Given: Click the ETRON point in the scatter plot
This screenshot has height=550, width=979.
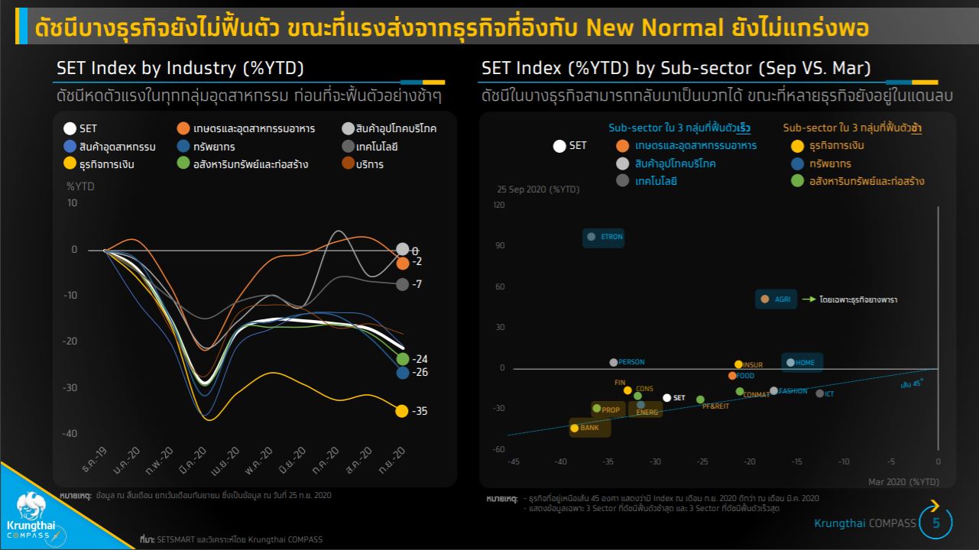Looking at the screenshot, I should pos(591,237).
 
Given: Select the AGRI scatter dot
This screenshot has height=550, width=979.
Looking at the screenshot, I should pos(763,299).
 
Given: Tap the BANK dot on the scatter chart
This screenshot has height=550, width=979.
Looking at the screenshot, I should pos(575,428).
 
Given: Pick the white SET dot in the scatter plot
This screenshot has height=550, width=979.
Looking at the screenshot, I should pos(666,398).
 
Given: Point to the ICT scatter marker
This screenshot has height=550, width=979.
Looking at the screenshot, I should pos(819,393).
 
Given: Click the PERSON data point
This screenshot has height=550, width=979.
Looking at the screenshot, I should pos(613,362).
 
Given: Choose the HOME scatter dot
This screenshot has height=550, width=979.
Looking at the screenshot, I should pos(790,363).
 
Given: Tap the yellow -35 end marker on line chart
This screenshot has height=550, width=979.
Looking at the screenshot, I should pos(401,411).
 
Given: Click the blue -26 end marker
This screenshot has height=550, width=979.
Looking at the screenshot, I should pos(402,373).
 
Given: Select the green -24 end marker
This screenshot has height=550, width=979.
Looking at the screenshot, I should pos(403,359).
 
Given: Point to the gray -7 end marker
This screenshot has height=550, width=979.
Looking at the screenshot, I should pos(402,284).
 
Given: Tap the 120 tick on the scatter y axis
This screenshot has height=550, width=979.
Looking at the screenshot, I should pos(499,205).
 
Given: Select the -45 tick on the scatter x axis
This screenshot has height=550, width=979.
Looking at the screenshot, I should pos(514,461).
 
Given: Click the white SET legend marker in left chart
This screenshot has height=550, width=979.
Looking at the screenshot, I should pos(70,129).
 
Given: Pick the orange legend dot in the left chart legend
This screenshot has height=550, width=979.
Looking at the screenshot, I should pos(183,128).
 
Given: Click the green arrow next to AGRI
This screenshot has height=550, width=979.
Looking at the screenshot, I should pos(809,300).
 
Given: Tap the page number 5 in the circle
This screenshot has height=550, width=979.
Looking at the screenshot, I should pos(936,523).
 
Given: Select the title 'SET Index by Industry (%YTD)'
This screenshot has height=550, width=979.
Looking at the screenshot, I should pos(180,68).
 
